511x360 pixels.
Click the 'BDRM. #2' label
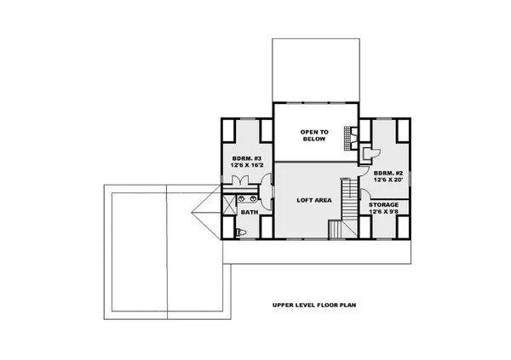[388, 174]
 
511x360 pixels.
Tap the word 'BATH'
[250, 212]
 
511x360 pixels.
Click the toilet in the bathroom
[240, 231]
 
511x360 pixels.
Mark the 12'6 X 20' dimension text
[388, 181]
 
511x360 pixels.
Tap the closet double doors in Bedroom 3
[242, 180]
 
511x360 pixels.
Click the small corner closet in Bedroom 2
[369, 153]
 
